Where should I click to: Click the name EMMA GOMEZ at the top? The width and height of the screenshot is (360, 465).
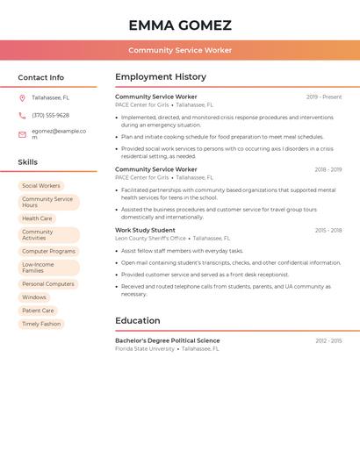[x=180, y=25]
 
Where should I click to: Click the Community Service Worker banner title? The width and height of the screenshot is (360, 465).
[x=180, y=50]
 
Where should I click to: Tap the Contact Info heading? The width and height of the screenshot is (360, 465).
[x=41, y=77]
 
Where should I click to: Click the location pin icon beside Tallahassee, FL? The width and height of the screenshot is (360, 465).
[x=22, y=97]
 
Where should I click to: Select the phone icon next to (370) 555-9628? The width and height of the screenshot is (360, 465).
[x=22, y=115]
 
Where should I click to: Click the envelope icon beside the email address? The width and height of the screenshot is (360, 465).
[x=22, y=134]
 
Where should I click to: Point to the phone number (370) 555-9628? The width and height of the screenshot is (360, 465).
[x=50, y=115]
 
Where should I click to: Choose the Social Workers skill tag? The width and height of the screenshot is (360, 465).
[x=41, y=186]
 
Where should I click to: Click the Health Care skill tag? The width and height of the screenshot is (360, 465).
[x=37, y=218]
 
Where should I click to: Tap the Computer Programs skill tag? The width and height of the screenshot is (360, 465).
[x=48, y=251]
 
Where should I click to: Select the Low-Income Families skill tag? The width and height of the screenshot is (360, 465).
[x=39, y=268]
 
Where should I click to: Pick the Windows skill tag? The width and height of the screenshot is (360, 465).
[x=34, y=297]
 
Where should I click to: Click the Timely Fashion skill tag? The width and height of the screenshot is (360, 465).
[x=41, y=324]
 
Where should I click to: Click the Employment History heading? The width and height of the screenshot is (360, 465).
[x=161, y=77]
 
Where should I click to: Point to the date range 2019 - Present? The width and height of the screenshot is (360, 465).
[x=324, y=97]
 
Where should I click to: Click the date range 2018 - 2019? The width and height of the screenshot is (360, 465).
[x=328, y=169]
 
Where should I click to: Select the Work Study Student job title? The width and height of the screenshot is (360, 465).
[x=145, y=230]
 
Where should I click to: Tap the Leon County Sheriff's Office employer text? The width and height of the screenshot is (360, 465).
[x=151, y=238]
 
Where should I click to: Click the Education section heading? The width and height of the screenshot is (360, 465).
[x=138, y=320]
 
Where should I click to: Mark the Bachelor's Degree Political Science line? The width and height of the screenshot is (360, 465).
[x=168, y=340]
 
